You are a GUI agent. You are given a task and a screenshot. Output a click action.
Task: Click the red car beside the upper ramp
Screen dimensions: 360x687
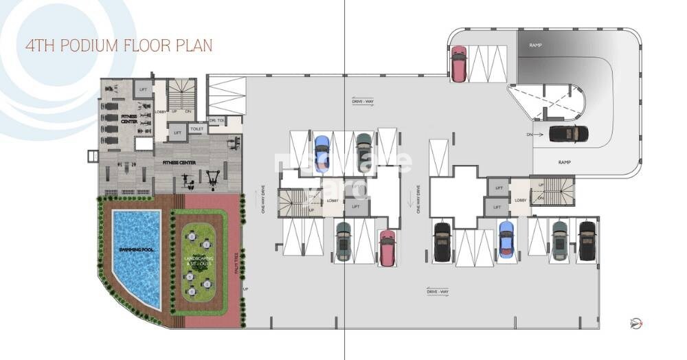[x=458, y=63]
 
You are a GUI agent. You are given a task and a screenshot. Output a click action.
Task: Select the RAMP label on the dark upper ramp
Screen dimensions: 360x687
[x=535, y=45]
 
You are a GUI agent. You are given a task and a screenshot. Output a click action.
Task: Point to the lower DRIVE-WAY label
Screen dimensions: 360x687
[x=437, y=292]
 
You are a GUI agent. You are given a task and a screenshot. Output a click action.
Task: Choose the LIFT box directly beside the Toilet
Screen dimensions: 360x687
[x=177, y=133]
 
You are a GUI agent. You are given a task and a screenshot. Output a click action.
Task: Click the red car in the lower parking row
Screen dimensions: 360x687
[x=387, y=248]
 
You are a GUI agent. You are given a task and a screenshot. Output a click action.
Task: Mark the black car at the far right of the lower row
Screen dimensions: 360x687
[x=586, y=240]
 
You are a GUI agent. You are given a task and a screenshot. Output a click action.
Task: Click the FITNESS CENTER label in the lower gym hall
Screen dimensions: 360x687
[x=179, y=163]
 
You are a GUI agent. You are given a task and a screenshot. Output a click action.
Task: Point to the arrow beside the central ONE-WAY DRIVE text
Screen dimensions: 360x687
[x=410, y=200]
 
